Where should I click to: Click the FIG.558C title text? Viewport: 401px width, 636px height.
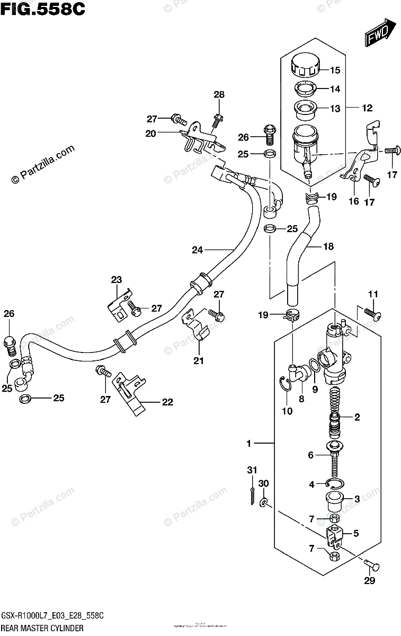pyautogui.click(x=42, y=9)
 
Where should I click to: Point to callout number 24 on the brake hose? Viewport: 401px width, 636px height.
pyautogui.click(x=198, y=250)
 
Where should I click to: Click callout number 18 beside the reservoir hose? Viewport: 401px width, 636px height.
pyautogui.click(x=328, y=246)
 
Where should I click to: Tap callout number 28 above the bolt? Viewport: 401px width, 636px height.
pyautogui.click(x=219, y=95)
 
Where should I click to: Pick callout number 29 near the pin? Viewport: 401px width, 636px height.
pyautogui.click(x=369, y=581)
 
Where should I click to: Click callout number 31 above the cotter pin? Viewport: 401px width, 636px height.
pyautogui.click(x=252, y=470)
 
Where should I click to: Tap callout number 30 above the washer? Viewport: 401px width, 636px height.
pyautogui.click(x=264, y=483)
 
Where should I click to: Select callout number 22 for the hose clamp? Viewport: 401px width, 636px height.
pyautogui.click(x=167, y=402)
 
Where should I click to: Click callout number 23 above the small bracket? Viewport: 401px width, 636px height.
pyautogui.click(x=117, y=280)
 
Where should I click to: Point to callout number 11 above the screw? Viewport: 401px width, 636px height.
pyautogui.click(x=373, y=294)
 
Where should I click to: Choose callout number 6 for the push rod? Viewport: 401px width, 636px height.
pyautogui.click(x=311, y=455)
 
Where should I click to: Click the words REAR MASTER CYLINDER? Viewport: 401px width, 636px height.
pyautogui.click(x=43, y=628)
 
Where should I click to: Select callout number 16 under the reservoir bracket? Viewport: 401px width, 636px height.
pyautogui.click(x=354, y=201)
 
